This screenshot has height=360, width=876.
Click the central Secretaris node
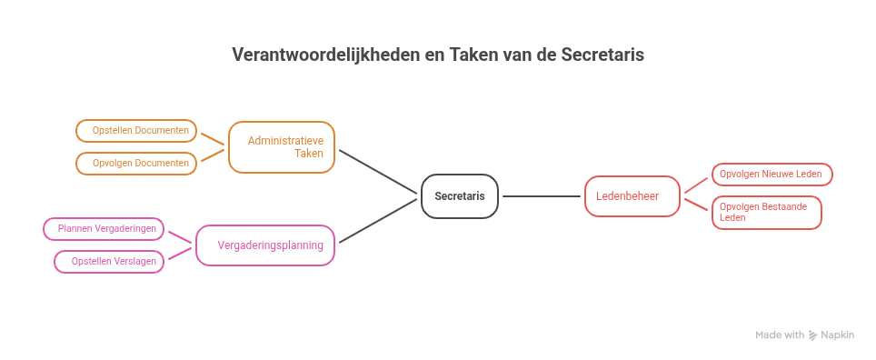tap(460, 195)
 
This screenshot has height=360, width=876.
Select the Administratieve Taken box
tap(282, 146)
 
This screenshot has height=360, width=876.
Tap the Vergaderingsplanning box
tap(265, 245)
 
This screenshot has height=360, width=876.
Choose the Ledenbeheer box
tap(632, 195)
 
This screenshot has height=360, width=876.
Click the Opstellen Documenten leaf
tap(136, 131)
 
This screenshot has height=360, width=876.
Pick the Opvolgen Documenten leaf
tap(136, 164)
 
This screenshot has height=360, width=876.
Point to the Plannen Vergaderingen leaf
tap(105, 228)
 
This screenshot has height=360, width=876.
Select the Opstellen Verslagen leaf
tap(110, 261)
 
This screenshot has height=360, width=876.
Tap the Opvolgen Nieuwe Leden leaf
tap(771, 174)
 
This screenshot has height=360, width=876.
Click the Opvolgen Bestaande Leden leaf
tap(766, 212)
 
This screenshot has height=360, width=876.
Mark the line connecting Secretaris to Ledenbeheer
tap(542, 195)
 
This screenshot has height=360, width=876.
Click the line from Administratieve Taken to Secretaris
tap(378, 171)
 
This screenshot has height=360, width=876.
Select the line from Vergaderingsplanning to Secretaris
tap(378, 221)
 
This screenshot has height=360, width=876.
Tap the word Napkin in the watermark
tap(838, 335)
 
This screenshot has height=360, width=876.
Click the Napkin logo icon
tap(813, 335)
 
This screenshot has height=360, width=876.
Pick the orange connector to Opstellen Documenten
tap(212, 139)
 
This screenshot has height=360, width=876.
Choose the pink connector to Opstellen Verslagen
tap(180, 254)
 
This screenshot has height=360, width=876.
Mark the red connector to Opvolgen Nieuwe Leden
tap(695, 185)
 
